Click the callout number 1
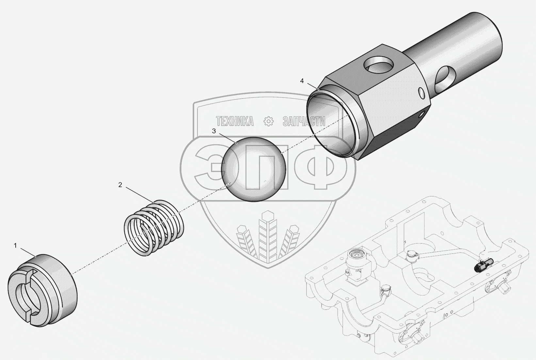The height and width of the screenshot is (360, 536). point(16,245)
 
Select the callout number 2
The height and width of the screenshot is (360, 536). point(120,185)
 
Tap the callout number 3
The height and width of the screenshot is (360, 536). point(214,131)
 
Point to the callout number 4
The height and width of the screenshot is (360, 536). point(302,81)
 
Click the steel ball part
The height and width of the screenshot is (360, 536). point(254,169)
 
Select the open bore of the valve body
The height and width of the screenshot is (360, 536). point(330,124)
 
